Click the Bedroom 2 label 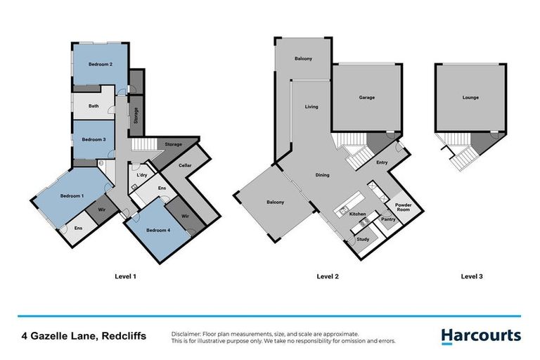(x=101, y=64)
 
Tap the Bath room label (x=94, y=106)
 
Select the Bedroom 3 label (x=94, y=139)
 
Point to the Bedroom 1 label (x=72, y=195)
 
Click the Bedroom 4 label (x=157, y=231)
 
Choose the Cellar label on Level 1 (x=185, y=165)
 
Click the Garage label (x=366, y=97)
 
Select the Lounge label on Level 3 (x=470, y=97)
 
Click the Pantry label (x=388, y=219)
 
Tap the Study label (x=363, y=240)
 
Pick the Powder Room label (x=404, y=207)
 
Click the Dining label (x=323, y=175)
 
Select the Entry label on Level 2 (x=382, y=163)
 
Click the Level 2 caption (x=328, y=277)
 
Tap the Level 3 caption (x=471, y=277)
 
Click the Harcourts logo (x=481, y=336)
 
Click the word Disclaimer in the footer (x=186, y=333)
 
